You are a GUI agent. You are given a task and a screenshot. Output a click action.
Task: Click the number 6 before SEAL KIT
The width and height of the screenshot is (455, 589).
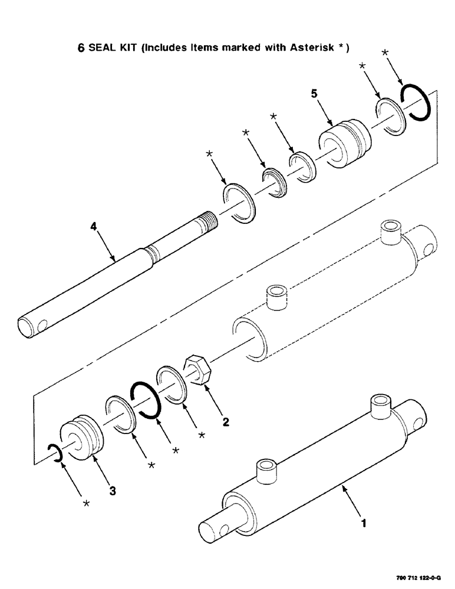click(x=81, y=48)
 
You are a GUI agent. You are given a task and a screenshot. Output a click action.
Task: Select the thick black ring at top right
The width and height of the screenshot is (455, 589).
click(x=417, y=101)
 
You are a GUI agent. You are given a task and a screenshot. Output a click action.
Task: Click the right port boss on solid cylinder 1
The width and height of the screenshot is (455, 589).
click(x=381, y=408)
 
